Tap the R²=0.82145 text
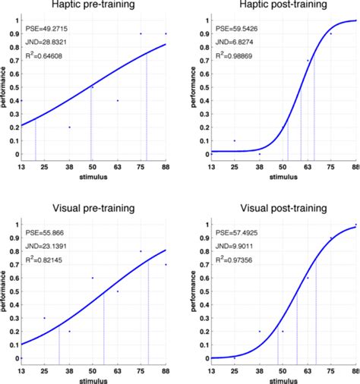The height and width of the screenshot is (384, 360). pyautogui.click(x=47, y=261)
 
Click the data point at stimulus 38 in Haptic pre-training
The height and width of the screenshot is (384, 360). pyautogui.click(x=69, y=127)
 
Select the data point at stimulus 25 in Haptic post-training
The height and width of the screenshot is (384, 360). pyautogui.click(x=235, y=140)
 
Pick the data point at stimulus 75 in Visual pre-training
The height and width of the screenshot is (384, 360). pyautogui.click(x=141, y=251)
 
